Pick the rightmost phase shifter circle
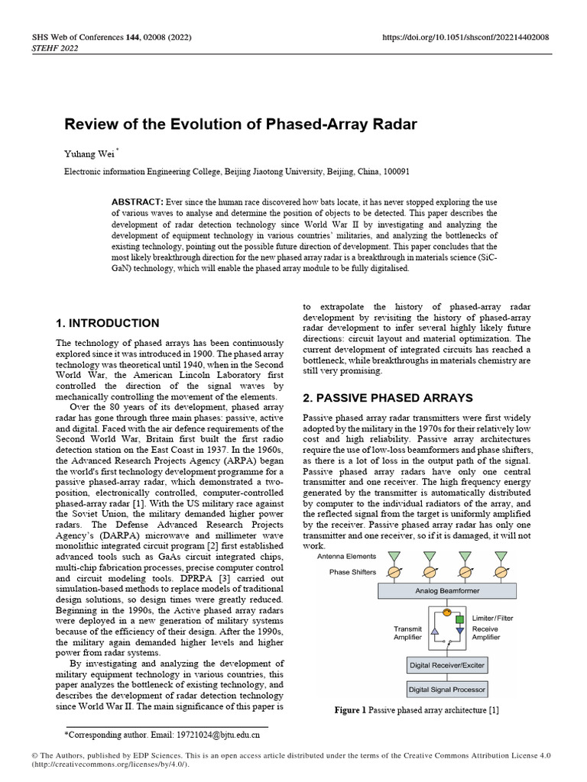(x=501, y=572)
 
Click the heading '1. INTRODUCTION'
(x=108, y=323)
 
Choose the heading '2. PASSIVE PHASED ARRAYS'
(x=388, y=398)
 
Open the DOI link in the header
(x=466, y=37)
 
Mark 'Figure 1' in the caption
(x=351, y=710)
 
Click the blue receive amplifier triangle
(x=460, y=632)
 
